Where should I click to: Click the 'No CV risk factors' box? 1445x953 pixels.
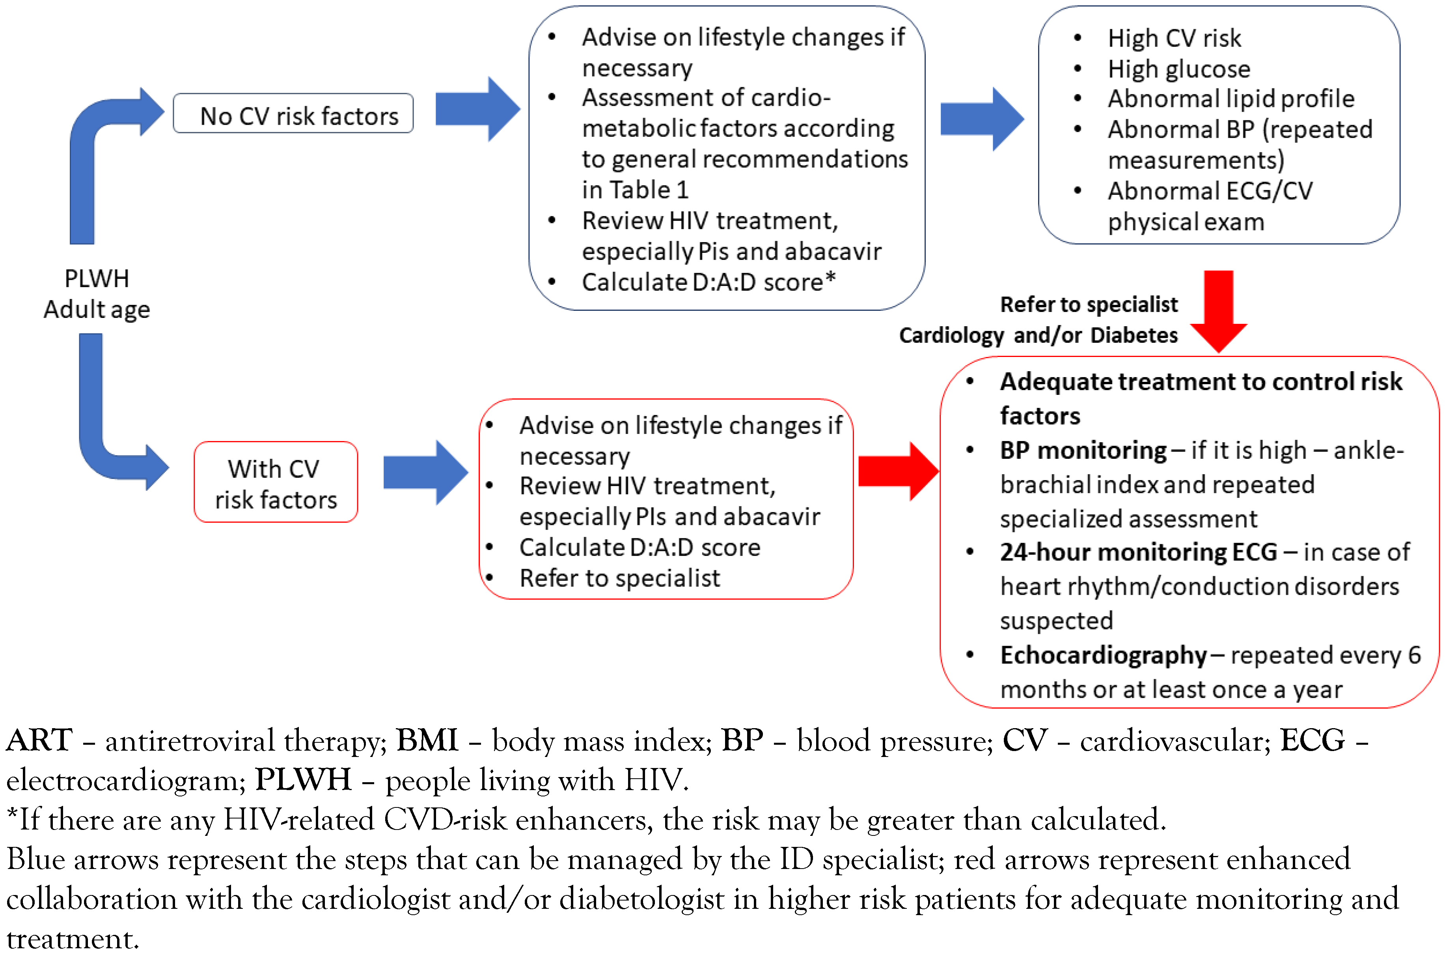(x=293, y=114)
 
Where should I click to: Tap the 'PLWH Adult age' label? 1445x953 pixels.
(x=97, y=294)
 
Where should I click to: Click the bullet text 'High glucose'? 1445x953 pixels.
(x=1178, y=69)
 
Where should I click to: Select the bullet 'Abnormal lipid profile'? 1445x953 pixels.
(x=1231, y=99)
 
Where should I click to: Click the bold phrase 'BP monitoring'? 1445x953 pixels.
(x=1083, y=450)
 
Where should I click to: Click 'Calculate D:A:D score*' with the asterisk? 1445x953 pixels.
(x=708, y=282)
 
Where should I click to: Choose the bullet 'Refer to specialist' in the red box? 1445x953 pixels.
(x=619, y=578)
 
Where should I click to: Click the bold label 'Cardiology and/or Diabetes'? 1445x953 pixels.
(x=1038, y=335)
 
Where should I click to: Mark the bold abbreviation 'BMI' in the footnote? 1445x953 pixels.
(x=427, y=741)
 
